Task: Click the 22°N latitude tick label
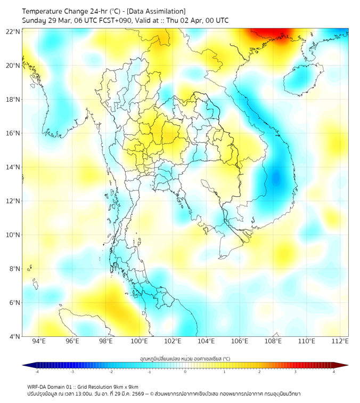13,31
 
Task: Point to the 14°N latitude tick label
13,167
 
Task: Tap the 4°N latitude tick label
15,336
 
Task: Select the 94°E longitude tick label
39,341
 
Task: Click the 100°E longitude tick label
139,341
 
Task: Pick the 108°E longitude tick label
273,341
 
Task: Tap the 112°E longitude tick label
340,341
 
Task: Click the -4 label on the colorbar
37,372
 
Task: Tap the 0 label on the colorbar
185,372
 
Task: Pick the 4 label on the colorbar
333,372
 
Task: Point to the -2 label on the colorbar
111,372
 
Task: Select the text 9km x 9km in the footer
124,386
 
